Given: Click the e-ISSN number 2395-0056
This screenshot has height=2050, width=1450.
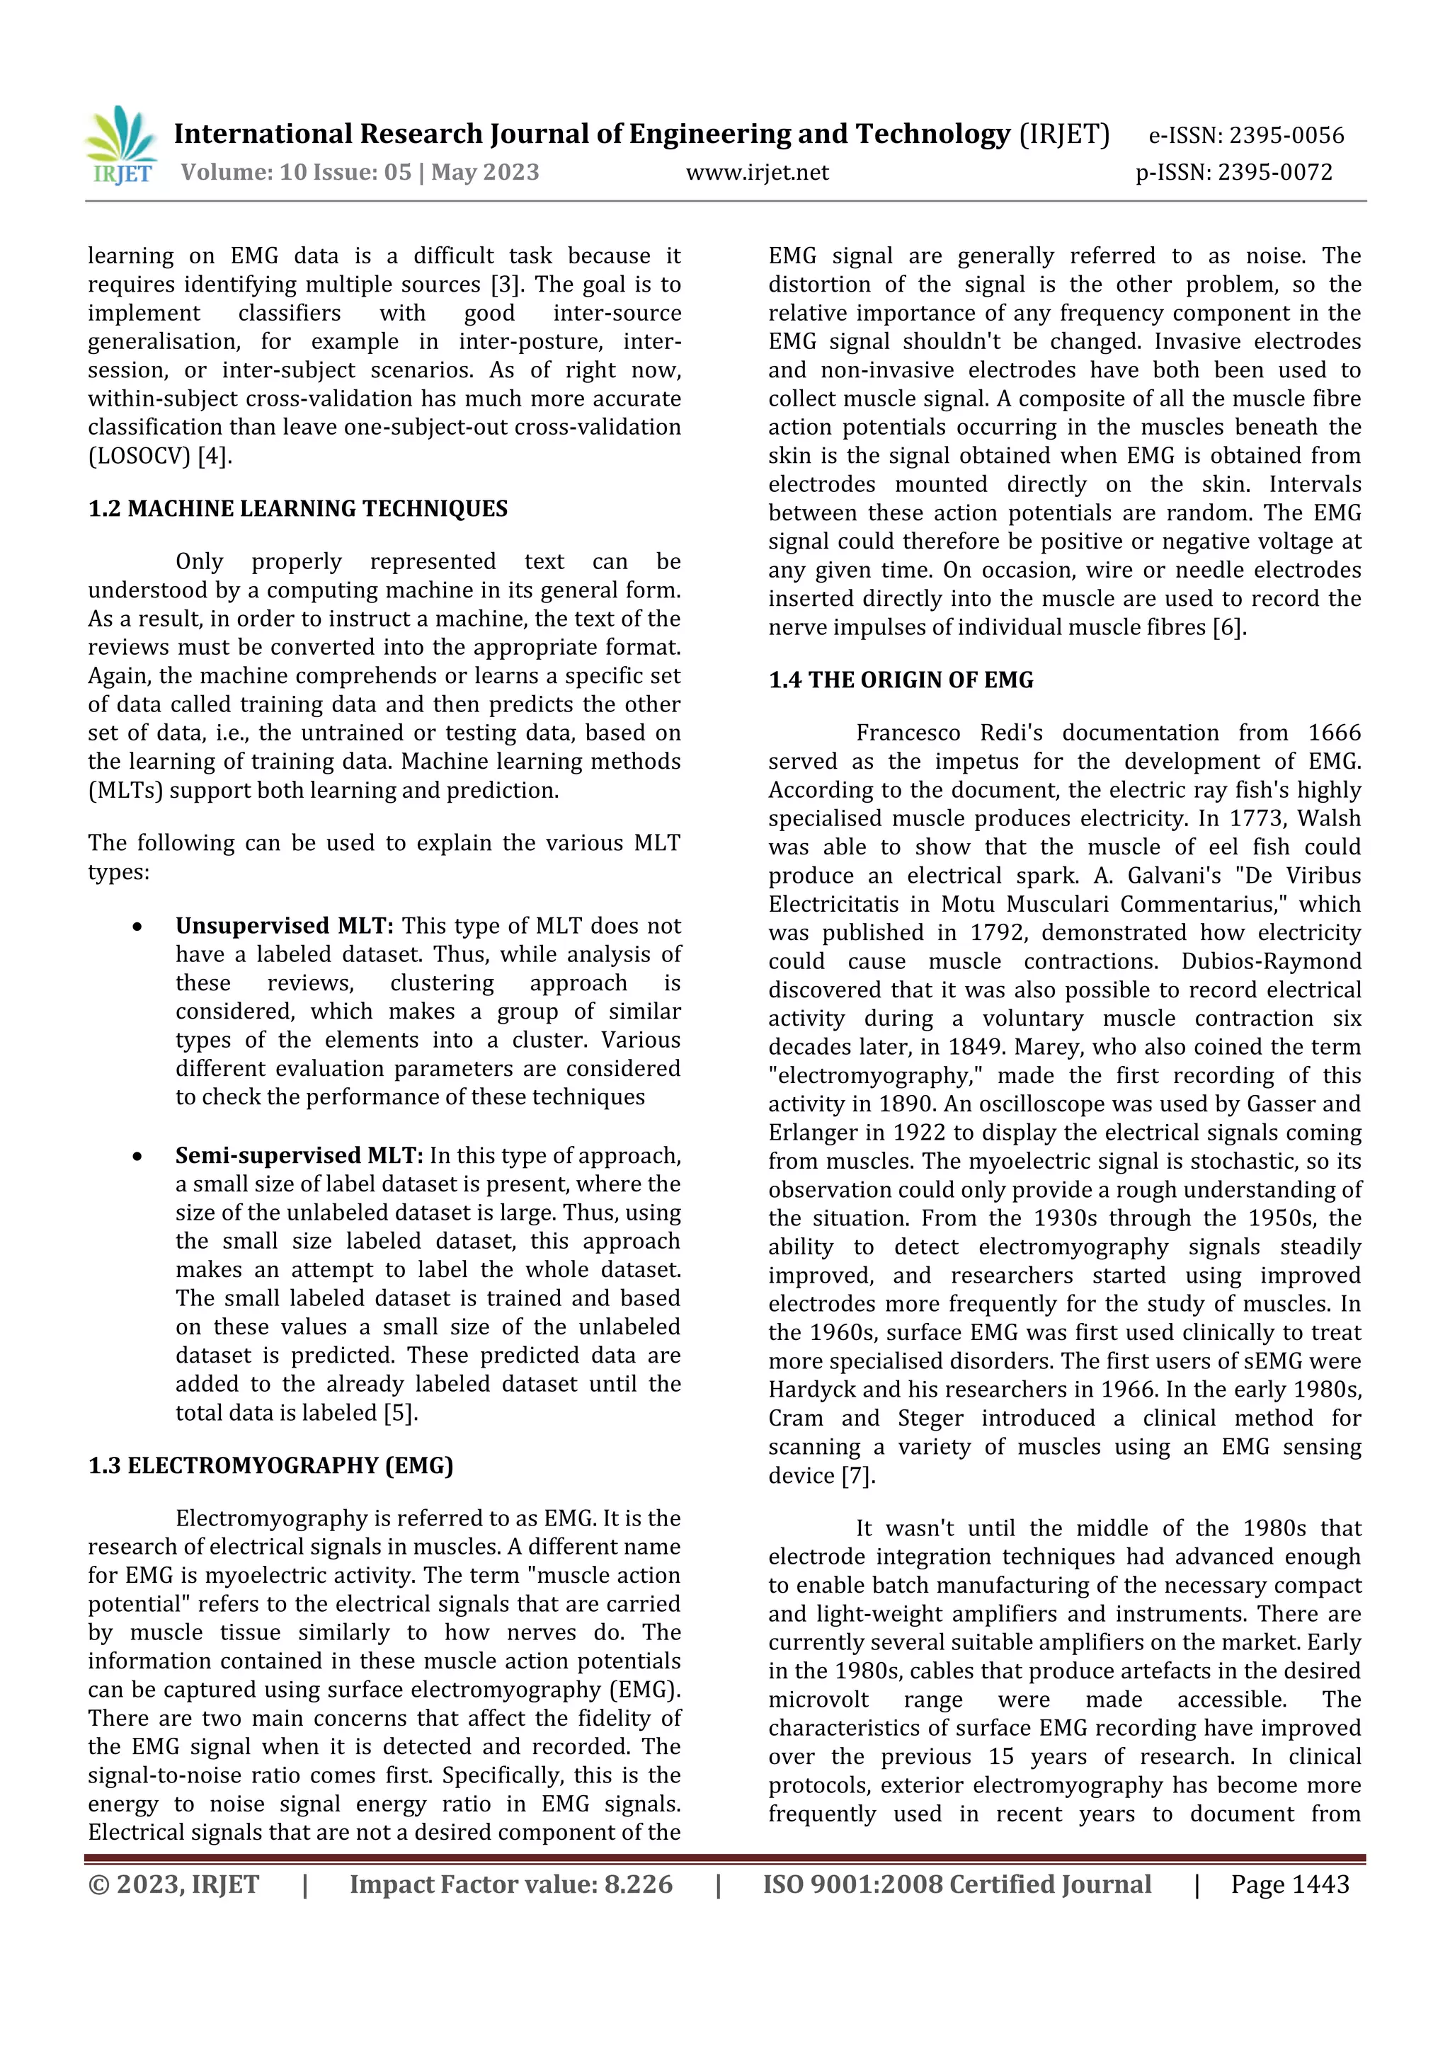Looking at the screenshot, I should click(x=1286, y=136).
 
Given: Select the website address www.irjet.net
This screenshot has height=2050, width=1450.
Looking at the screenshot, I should click(x=757, y=172).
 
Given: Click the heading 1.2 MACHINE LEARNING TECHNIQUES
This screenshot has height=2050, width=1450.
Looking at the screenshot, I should click(x=297, y=509).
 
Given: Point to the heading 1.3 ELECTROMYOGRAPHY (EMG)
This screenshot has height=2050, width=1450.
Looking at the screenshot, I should click(x=270, y=1466).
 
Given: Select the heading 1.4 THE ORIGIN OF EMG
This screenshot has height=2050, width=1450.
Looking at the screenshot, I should click(x=901, y=680).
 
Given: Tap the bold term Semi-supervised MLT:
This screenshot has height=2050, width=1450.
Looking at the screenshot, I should click(x=299, y=1155).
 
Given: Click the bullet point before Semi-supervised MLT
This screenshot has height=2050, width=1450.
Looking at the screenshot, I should click(x=137, y=1156).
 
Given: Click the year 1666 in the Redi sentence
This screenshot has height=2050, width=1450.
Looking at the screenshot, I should click(x=1334, y=733).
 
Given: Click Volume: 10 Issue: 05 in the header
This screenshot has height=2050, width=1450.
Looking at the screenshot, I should click(x=297, y=172).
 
